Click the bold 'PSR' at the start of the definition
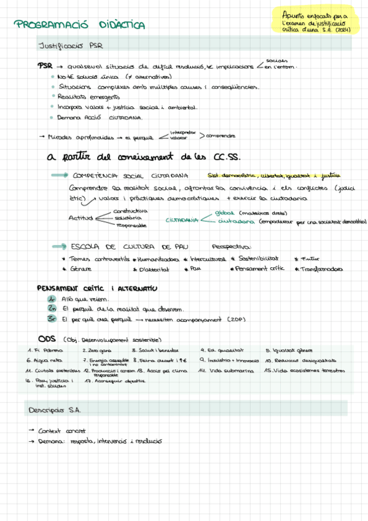(x=44, y=66)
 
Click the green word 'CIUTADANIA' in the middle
(x=182, y=219)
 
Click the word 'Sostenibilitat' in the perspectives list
(x=259, y=259)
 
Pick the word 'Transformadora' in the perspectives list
(x=321, y=269)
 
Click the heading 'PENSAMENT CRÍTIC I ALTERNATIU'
(x=97, y=288)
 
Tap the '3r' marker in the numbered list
(x=52, y=319)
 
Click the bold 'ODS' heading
(x=47, y=339)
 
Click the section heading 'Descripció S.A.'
(x=55, y=409)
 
